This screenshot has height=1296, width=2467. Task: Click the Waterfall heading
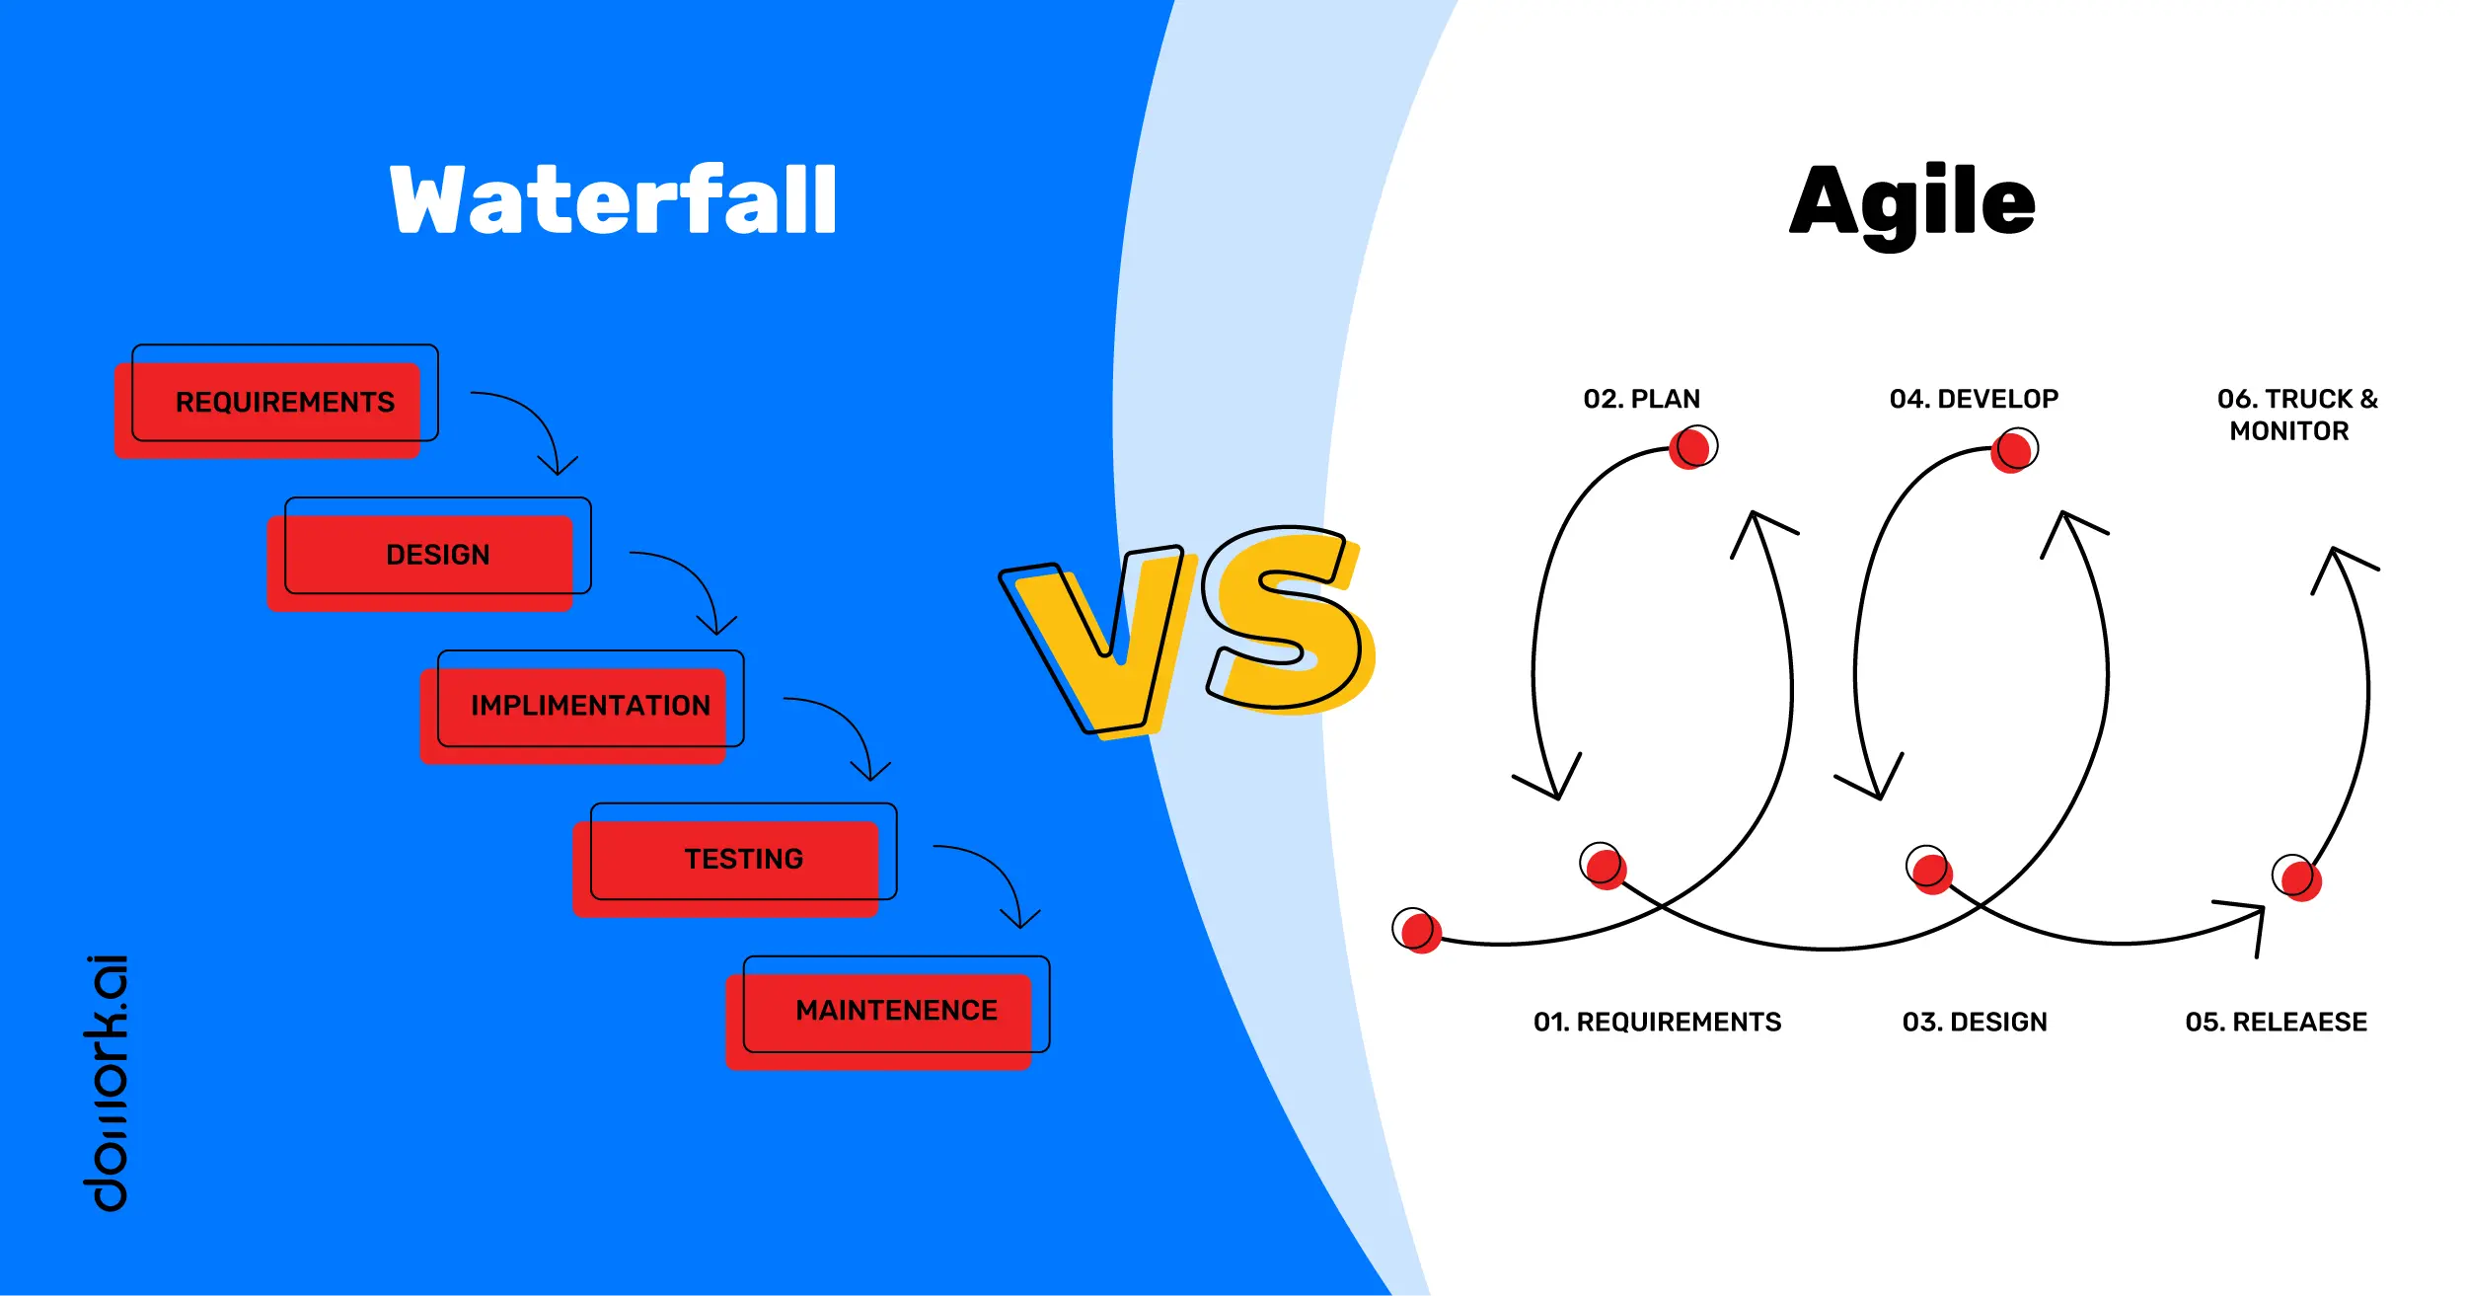click(613, 200)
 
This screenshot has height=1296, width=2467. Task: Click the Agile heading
click(1911, 202)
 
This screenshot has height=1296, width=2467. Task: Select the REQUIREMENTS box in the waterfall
click(284, 403)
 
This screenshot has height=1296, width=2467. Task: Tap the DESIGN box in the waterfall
click(437, 555)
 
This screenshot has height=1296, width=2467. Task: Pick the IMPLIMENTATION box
click(590, 706)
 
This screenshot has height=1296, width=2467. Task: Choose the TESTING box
click(743, 859)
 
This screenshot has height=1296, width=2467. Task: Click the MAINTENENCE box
click(896, 1011)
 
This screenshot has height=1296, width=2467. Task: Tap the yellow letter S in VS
click(1283, 622)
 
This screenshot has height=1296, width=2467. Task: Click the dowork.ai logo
click(106, 1082)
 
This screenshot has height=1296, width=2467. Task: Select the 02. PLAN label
click(1642, 399)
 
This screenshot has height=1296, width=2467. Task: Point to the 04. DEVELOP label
click(1974, 399)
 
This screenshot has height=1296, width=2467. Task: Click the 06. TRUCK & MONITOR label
click(2297, 415)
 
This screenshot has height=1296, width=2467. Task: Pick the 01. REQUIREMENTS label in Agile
click(1657, 1022)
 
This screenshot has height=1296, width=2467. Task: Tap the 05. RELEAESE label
click(2276, 1022)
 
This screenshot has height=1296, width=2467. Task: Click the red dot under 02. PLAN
click(1691, 448)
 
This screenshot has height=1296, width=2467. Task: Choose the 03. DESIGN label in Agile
click(1975, 1022)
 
